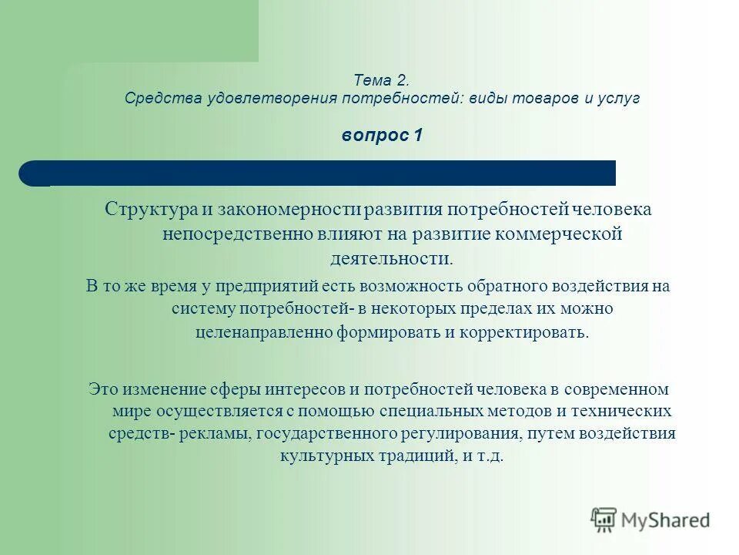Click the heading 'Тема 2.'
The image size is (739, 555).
tap(382, 80)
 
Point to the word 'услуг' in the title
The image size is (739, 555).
tap(621, 99)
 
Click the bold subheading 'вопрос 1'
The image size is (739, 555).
tap(382, 136)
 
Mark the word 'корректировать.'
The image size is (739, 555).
tap(528, 333)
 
